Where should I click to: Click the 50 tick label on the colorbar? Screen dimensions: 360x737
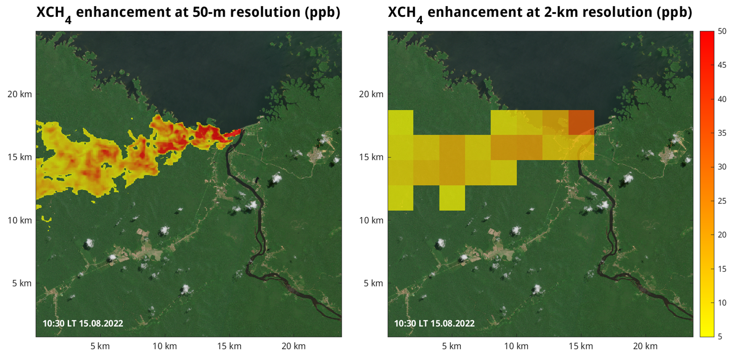(x=722, y=31)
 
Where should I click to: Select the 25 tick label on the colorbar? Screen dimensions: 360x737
(x=722, y=201)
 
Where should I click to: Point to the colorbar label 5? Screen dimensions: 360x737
(x=720, y=337)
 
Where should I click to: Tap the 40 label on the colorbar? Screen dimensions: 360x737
(x=722, y=99)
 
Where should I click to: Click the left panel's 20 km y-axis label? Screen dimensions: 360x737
(x=20, y=94)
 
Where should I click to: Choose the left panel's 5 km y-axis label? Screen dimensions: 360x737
(x=22, y=283)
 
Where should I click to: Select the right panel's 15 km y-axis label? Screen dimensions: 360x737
(x=371, y=157)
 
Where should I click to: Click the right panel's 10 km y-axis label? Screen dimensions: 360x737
(x=371, y=220)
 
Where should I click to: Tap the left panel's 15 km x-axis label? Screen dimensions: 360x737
(x=229, y=346)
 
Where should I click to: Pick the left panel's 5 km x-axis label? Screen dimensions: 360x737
(x=100, y=346)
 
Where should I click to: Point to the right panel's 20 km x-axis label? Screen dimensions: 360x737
(x=645, y=346)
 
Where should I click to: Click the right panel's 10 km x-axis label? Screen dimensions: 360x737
(x=516, y=346)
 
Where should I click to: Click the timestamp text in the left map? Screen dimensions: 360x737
(x=83, y=323)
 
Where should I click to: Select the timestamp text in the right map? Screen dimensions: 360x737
(x=434, y=323)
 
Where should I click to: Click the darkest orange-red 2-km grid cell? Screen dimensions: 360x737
(x=581, y=123)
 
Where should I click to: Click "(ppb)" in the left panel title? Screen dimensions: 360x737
(x=322, y=12)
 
